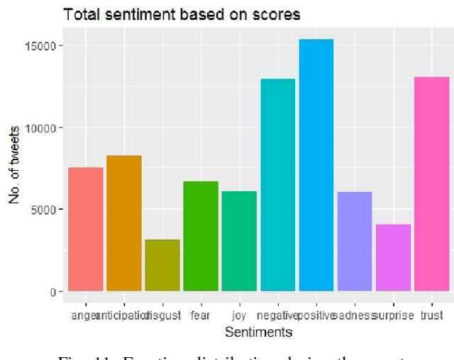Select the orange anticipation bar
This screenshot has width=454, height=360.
pyautogui.click(x=124, y=223)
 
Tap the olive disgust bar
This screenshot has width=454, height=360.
pyautogui.click(x=162, y=265)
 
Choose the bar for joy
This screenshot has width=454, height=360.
pyautogui.click(x=239, y=241)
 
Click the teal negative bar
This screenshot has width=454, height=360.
pyautogui.click(x=277, y=185)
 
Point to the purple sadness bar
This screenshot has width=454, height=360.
pyautogui.click(x=354, y=241)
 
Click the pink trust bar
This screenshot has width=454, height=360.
pyautogui.click(x=431, y=184)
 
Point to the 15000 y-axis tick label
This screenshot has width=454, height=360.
pyautogui.click(x=46, y=46)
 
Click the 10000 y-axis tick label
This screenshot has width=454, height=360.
pyautogui.click(x=46, y=128)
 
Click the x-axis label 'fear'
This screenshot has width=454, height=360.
pyautogui.click(x=201, y=315)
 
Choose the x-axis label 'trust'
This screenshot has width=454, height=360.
pyautogui.click(x=431, y=315)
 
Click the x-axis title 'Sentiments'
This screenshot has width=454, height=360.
pyautogui.click(x=258, y=331)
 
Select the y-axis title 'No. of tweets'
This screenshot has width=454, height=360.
pyautogui.click(x=15, y=169)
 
